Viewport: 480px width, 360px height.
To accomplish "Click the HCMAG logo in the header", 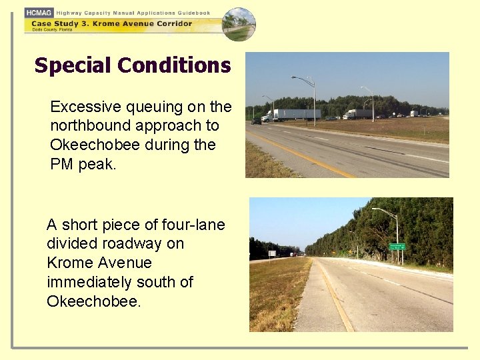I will (39, 13).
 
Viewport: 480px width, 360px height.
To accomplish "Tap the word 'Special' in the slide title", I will (72, 65).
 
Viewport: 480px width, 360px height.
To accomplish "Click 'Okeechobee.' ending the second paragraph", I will (94, 301).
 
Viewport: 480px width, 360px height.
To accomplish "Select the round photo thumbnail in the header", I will (239, 24).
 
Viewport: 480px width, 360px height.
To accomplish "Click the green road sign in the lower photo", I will (397, 247).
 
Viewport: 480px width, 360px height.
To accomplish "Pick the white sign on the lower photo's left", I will (272, 253).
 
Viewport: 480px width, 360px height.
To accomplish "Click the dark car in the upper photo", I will (256, 121).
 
